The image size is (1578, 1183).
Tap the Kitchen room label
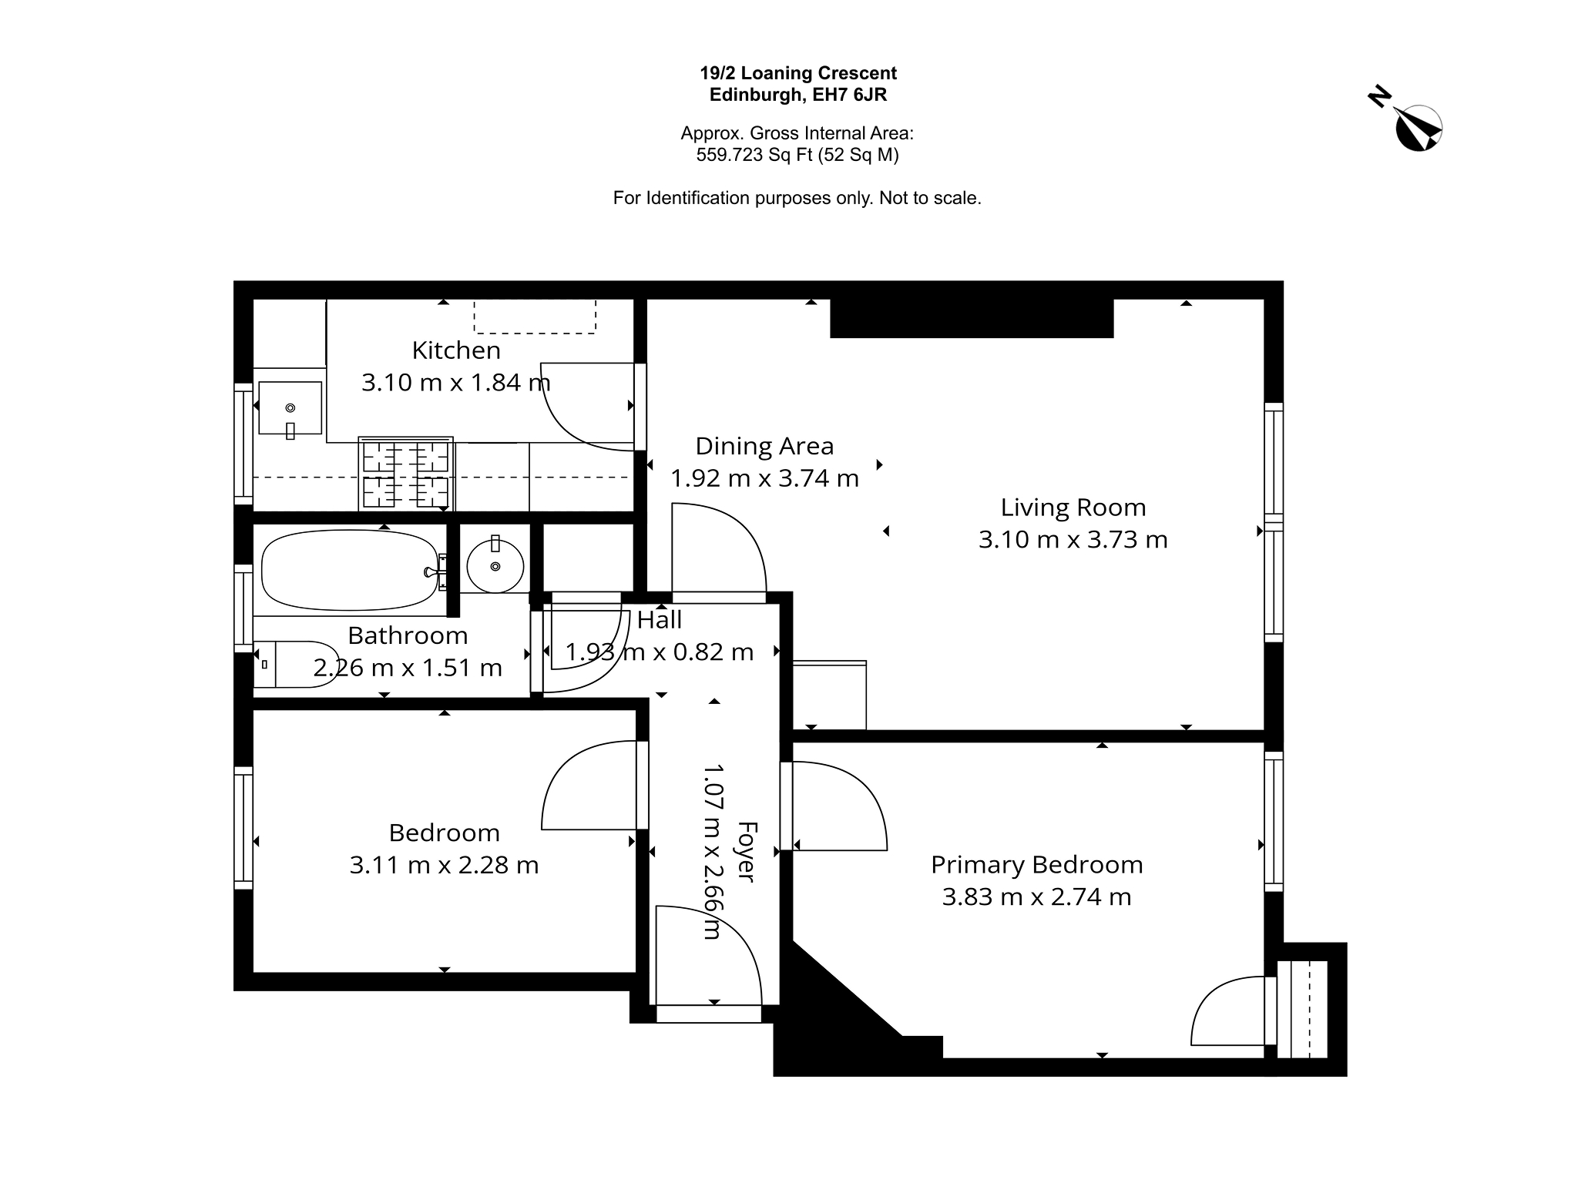click(x=456, y=350)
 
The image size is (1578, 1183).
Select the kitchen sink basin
click(x=290, y=408)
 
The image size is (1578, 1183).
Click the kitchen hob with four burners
click(x=406, y=473)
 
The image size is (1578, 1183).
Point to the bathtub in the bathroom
click(x=351, y=571)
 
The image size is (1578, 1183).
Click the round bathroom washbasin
click(x=495, y=565)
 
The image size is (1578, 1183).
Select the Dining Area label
click(x=764, y=446)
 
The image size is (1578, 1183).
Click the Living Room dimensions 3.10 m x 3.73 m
click(x=1073, y=539)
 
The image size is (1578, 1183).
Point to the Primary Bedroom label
click(x=1037, y=865)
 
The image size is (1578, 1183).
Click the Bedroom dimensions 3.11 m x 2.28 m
click(x=444, y=865)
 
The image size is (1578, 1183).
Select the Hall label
click(x=660, y=619)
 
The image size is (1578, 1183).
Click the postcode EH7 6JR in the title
click(x=848, y=95)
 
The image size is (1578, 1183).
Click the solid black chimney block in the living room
click(x=972, y=318)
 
